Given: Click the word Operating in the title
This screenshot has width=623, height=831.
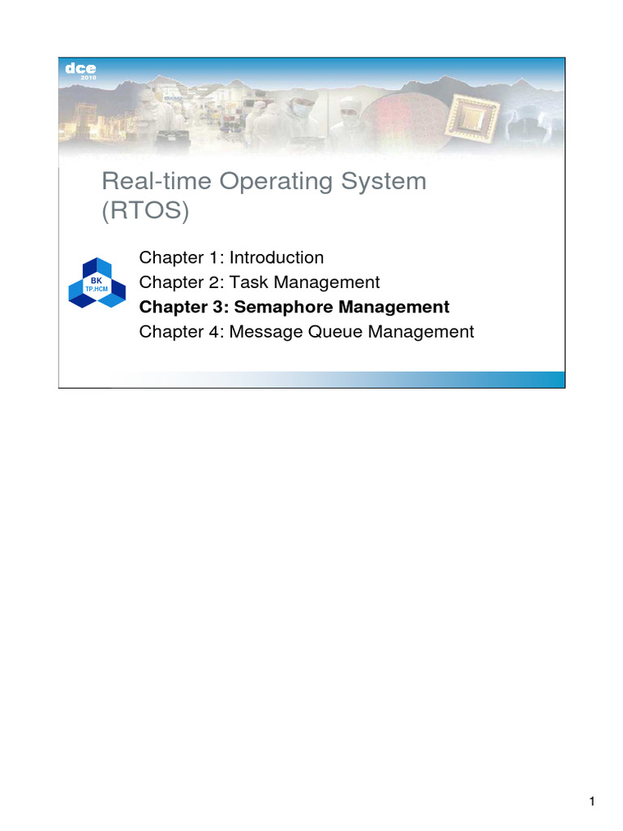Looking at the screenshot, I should coord(253,181).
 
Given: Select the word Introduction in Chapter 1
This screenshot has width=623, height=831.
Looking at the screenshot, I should coord(277,258).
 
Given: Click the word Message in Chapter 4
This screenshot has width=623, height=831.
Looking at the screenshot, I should coord(263,332).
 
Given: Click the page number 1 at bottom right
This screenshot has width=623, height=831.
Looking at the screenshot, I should coord(592,803).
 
